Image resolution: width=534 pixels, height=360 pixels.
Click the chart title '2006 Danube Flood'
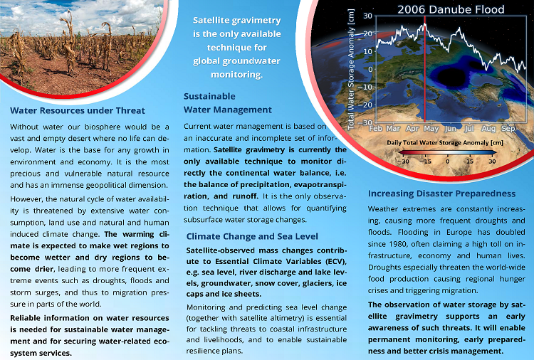pyautogui.click(x=451, y=9)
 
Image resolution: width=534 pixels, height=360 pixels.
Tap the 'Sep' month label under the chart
pyautogui.click(x=508, y=129)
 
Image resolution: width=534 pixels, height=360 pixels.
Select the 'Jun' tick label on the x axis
pyautogui.click(x=451, y=129)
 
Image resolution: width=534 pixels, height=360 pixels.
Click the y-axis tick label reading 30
pyautogui.click(x=367, y=15)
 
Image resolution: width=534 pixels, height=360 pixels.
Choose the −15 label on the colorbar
pyautogui.click(x=425, y=161)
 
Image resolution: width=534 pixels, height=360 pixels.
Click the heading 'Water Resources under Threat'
pyautogui.click(x=78, y=110)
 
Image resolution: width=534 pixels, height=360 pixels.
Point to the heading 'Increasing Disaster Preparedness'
pyautogui.click(x=441, y=194)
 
